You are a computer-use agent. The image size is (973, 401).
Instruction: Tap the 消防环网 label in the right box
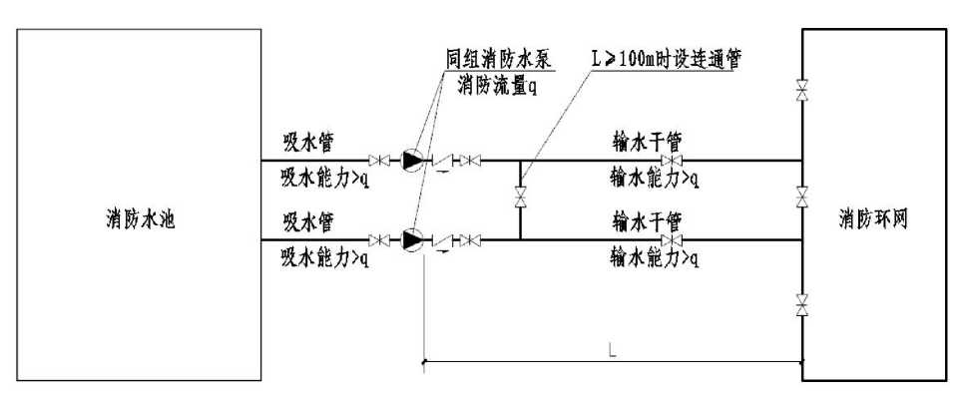(873, 219)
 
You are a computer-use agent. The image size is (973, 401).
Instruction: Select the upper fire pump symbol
(411, 161)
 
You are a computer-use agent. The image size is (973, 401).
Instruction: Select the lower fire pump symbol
(411, 239)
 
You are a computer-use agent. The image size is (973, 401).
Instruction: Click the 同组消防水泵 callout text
(499, 60)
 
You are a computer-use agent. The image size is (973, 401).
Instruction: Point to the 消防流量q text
(498, 86)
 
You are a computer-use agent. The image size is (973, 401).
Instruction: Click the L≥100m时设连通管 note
(667, 60)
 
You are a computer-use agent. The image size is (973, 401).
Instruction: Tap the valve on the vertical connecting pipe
(520, 199)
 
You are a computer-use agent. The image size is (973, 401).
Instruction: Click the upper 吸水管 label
(308, 143)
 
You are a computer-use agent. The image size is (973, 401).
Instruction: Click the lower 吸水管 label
(308, 221)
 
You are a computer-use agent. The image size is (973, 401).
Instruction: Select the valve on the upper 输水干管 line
(672, 161)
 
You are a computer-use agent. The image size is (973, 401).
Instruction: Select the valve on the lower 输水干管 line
(672, 239)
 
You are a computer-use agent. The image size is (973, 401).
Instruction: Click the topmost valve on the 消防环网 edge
(802, 91)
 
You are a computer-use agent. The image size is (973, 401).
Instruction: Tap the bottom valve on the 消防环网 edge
(802, 305)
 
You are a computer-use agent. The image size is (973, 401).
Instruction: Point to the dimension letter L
(612, 351)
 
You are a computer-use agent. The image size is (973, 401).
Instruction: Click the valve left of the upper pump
(378, 161)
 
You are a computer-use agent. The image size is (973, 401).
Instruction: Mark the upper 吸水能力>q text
(325, 179)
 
